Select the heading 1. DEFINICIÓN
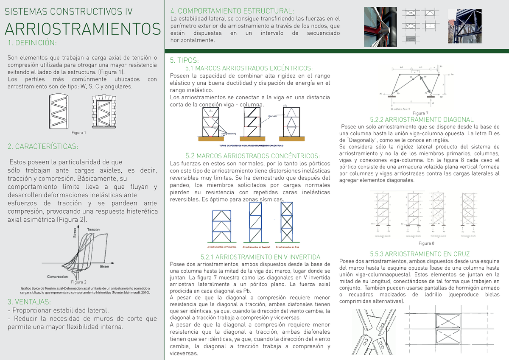pos(32,43)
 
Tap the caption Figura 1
pos(79,133)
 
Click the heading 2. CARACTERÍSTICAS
pos(43,147)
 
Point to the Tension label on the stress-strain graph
pos(93,229)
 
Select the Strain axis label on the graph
pos(104,266)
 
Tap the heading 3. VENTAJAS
pos(30,302)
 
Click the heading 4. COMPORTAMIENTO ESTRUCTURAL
pos(232,11)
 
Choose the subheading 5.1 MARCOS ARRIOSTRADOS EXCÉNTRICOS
pos(249,68)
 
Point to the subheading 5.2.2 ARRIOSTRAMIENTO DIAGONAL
pos(422,120)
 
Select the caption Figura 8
pos(426,243)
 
